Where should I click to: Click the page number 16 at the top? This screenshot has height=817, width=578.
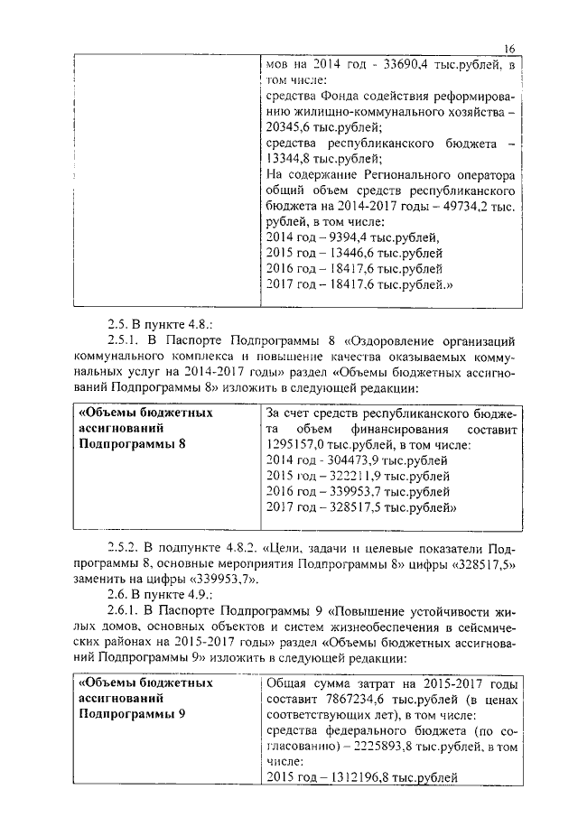point(509,48)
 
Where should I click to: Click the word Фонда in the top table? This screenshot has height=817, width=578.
point(339,97)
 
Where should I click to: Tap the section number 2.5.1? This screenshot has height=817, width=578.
point(124,341)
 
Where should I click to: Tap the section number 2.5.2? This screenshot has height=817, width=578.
point(124,547)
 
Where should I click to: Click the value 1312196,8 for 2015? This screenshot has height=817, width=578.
point(352,778)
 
